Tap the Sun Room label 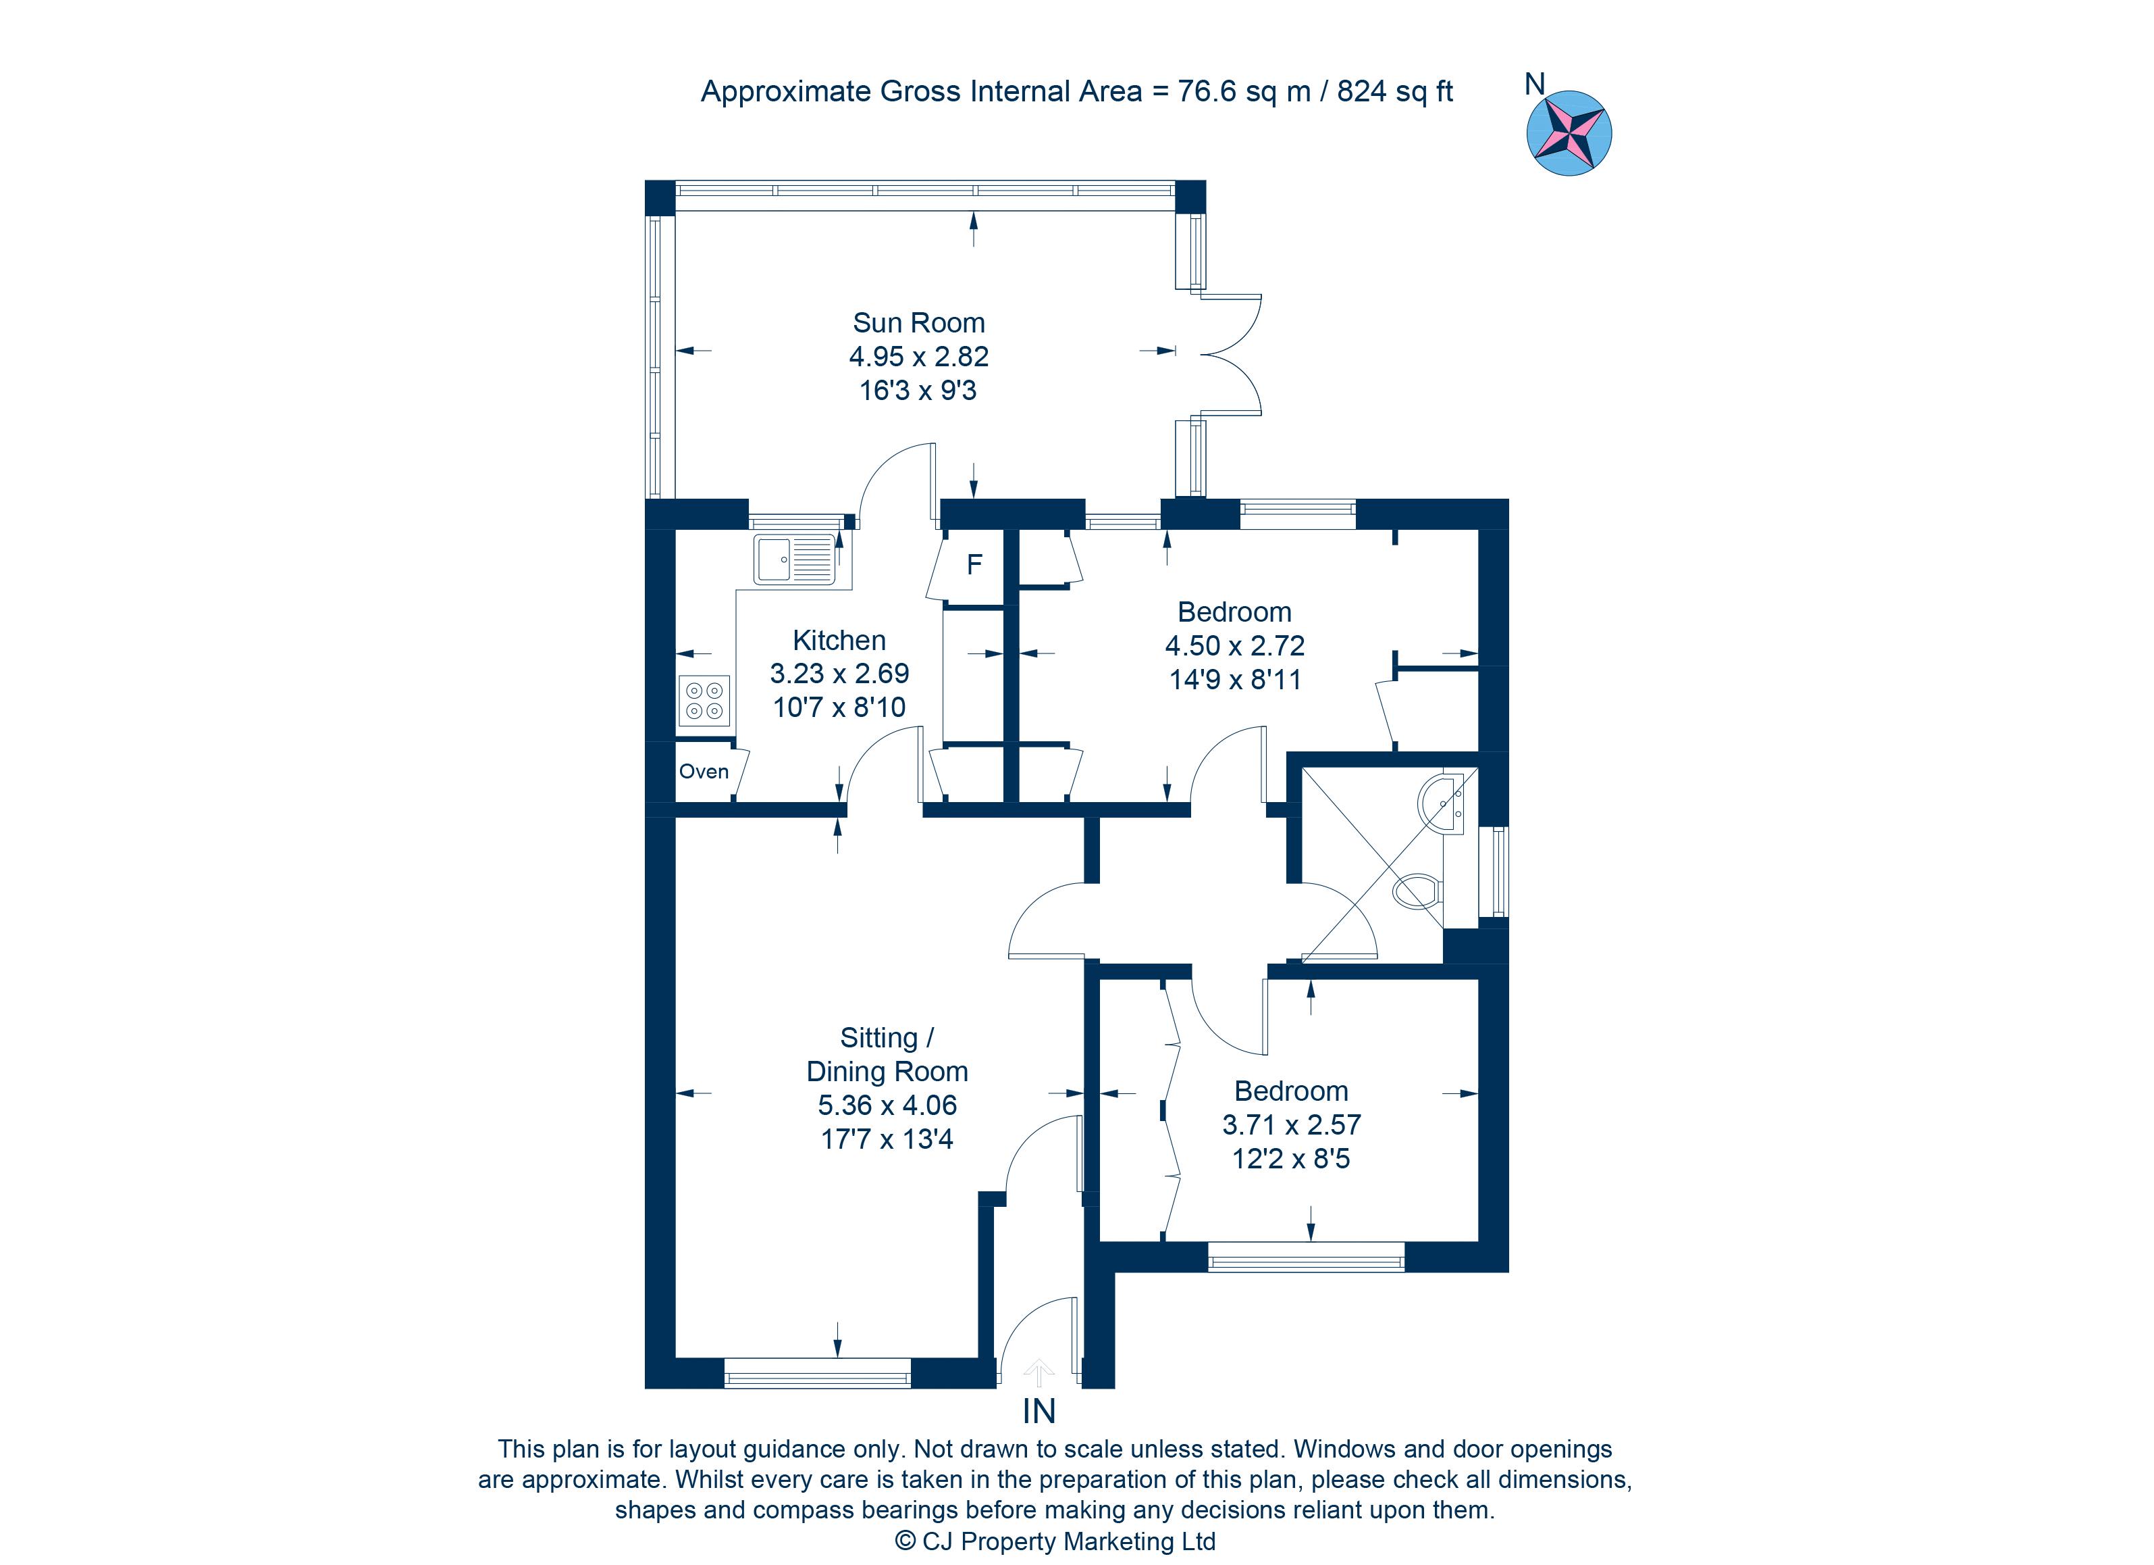[x=918, y=323]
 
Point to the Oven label [x=704, y=772]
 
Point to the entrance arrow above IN [x=1039, y=1372]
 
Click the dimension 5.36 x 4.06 [x=887, y=1105]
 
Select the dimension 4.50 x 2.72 [x=1234, y=646]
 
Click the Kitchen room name [x=839, y=641]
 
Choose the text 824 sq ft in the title [x=1395, y=91]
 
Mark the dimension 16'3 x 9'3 [x=918, y=391]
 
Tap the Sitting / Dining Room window [x=818, y=1373]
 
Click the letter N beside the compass [x=1535, y=84]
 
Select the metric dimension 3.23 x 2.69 [x=839, y=674]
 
